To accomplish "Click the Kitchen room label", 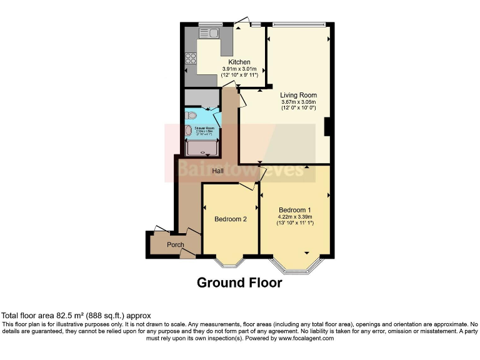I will point(239,62).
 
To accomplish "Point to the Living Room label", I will point(298,95).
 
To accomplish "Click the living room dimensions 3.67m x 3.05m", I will point(298,102).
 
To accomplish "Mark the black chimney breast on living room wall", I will point(326,126).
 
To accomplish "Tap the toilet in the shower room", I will point(191,116).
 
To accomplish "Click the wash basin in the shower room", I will point(188,131).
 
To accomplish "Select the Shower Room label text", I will point(206,128).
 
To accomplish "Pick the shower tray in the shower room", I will point(201,148).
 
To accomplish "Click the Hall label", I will point(218,170).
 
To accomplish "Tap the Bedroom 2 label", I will point(231,219).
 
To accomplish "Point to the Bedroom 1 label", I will point(294,209).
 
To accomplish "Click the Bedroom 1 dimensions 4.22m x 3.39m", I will point(294,217).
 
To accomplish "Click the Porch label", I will point(166,244).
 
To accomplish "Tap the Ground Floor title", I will point(239,283).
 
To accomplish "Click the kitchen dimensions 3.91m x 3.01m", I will point(239,69).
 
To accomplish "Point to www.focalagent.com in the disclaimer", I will point(306,338).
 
